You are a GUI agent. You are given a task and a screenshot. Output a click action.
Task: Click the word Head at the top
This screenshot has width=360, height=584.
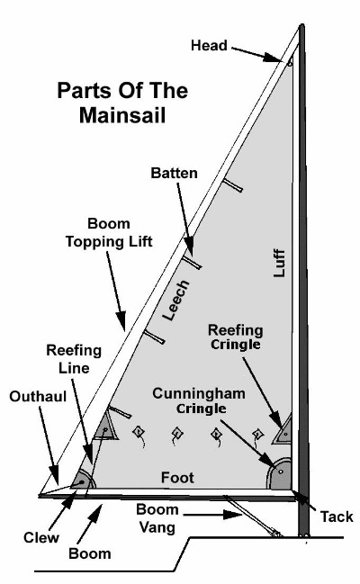(x=209, y=45)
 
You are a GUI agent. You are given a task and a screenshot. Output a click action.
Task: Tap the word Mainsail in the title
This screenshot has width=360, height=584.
(x=122, y=115)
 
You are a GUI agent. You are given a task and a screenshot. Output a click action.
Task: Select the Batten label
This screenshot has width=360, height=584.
(x=174, y=173)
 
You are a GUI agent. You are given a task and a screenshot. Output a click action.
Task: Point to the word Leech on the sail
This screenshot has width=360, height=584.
(x=176, y=301)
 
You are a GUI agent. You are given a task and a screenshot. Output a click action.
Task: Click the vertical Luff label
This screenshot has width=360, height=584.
(x=279, y=263)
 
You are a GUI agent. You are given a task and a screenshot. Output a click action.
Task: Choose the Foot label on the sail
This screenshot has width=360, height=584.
(x=177, y=478)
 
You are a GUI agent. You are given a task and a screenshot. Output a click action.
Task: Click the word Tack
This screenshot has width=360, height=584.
(x=337, y=517)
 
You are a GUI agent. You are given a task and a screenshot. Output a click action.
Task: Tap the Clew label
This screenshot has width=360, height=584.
(x=41, y=537)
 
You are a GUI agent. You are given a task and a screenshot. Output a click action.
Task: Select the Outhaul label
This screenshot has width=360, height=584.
(x=38, y=396)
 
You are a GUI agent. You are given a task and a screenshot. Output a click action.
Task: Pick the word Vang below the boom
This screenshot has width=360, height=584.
(x=157, y=527)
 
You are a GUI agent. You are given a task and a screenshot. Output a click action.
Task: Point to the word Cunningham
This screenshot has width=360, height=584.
(x=199, y=393)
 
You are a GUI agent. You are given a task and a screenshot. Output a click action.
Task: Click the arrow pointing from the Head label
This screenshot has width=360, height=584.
(x=256, y=54)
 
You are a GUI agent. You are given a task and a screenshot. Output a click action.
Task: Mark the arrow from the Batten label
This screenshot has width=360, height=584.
(x=185, y=219)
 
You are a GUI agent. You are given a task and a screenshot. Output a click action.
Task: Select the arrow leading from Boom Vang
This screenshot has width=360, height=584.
(x=212, y=515)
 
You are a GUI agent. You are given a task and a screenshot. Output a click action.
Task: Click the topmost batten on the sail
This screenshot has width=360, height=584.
(x=232, y=185)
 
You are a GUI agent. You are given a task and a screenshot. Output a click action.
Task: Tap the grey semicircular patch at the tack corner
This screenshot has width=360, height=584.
(x=279, y=473)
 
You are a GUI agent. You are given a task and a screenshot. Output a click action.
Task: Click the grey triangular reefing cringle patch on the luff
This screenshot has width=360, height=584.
(x=283, y=430)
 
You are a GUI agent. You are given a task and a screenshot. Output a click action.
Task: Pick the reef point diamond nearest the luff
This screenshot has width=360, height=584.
(x=257, y=434)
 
